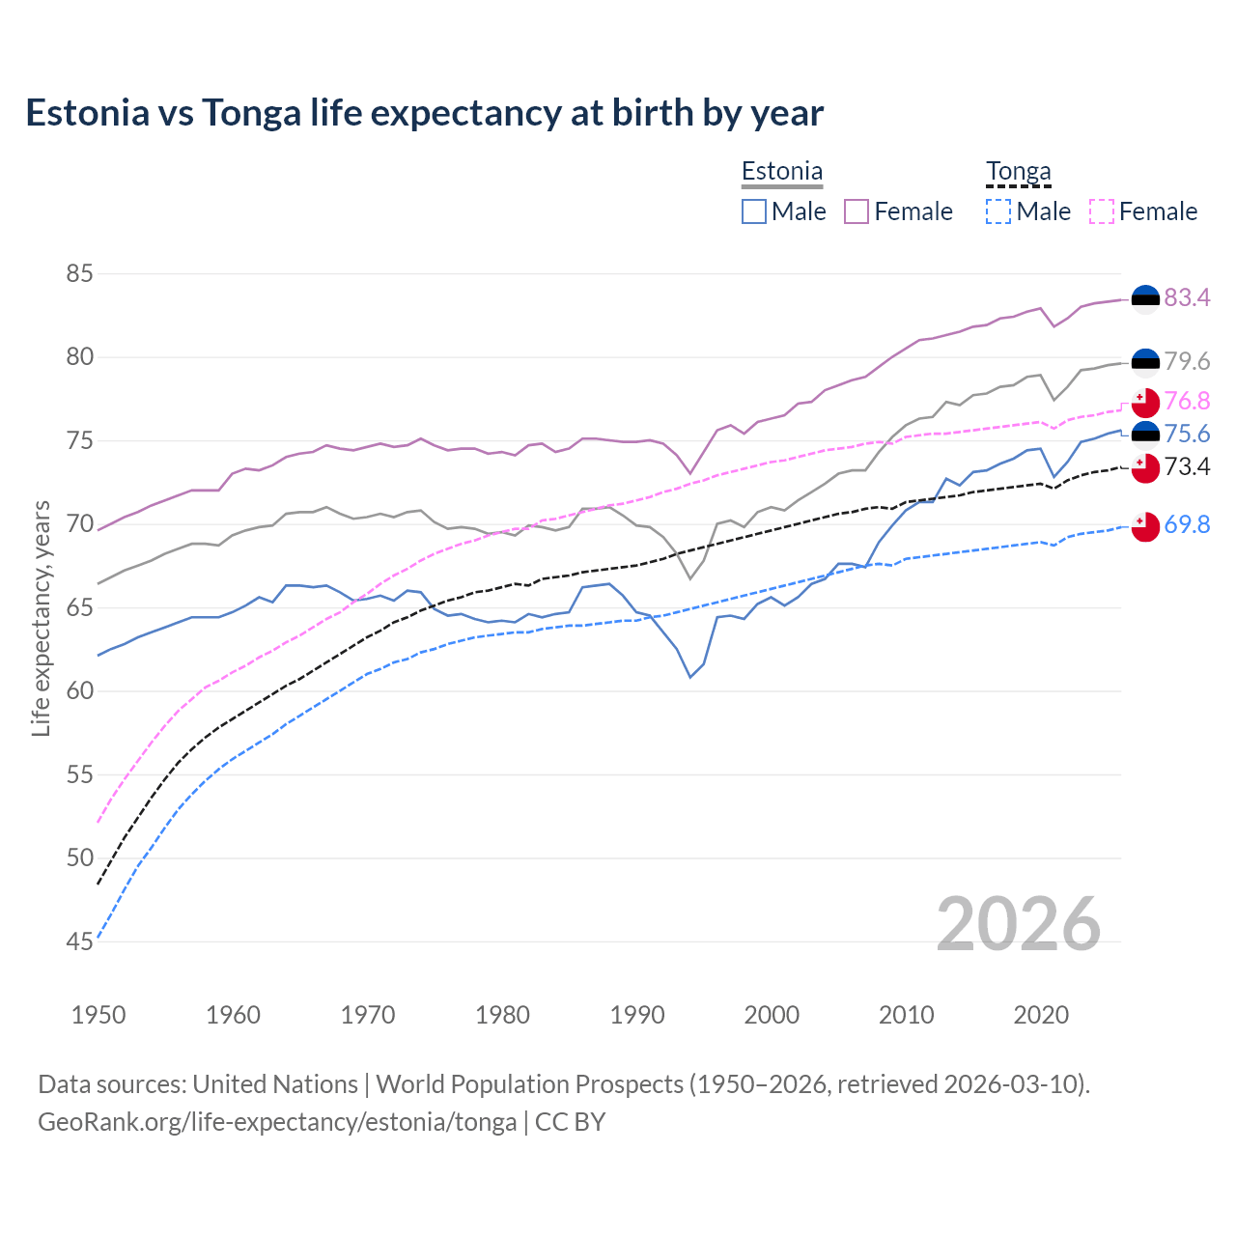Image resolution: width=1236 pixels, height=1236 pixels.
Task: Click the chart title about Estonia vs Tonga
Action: (425, 113)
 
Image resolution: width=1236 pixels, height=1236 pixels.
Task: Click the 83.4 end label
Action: (1187, 297)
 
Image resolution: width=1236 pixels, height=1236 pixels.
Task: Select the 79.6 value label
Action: (1187, 361)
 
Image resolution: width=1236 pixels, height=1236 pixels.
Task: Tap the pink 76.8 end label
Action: (1187, 401)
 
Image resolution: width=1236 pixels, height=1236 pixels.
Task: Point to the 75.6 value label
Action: (1187, 434)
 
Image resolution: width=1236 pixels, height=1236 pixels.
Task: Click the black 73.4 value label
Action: (1187, 467)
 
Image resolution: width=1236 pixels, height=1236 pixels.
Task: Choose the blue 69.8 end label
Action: (1187, 524)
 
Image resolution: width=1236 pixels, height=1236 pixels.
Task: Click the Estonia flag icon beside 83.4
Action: (1145, 299)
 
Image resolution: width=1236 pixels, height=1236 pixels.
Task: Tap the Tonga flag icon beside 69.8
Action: (1145, 526)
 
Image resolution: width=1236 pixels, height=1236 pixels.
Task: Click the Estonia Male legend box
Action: (754, 211)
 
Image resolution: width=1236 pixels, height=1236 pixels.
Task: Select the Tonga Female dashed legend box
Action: (1102, 211)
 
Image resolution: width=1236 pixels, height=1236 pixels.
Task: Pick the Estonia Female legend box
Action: (857, 211)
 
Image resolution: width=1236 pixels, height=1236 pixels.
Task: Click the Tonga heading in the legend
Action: (1018, 172)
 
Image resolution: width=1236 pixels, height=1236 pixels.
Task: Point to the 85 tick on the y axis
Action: (79, 273)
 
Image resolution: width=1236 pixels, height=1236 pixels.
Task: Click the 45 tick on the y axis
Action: (79, 941)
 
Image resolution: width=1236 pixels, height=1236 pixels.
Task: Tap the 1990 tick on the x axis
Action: (637, 1015)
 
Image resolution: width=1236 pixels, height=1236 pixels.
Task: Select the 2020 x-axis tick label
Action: (1041, 1015)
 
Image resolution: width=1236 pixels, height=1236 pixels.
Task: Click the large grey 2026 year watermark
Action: (1018, 924)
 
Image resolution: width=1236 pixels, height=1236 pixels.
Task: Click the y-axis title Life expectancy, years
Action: (41, 618)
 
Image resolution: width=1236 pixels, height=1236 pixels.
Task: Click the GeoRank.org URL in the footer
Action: (277, 1122)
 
